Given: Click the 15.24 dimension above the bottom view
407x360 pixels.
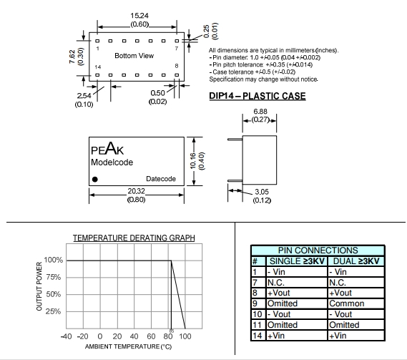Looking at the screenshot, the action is pyautogui.click(x=139, y=16).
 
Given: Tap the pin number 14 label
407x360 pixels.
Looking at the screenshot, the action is pyautogui.click(x=97, y=67).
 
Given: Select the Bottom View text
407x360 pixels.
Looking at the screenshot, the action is pyautogui.click(x=134, y=56).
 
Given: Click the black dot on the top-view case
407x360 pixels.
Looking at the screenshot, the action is pyautogui.click(x=95, y=179).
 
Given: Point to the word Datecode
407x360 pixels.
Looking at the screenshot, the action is pyautogui.click(x=161, y=179).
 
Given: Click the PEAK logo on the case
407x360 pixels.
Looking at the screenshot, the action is pyautogui.click(x=107, y=149).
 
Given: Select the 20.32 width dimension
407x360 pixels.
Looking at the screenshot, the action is pyautogui.click(x=136, y=191).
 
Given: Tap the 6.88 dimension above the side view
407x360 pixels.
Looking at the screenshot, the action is pyautogui.click(x=260, y=112).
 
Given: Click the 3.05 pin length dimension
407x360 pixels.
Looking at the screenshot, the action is pyautogui.click(x=262, y=192).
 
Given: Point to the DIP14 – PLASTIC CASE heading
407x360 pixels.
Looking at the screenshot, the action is pyautogui.click(x=258, y=96).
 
